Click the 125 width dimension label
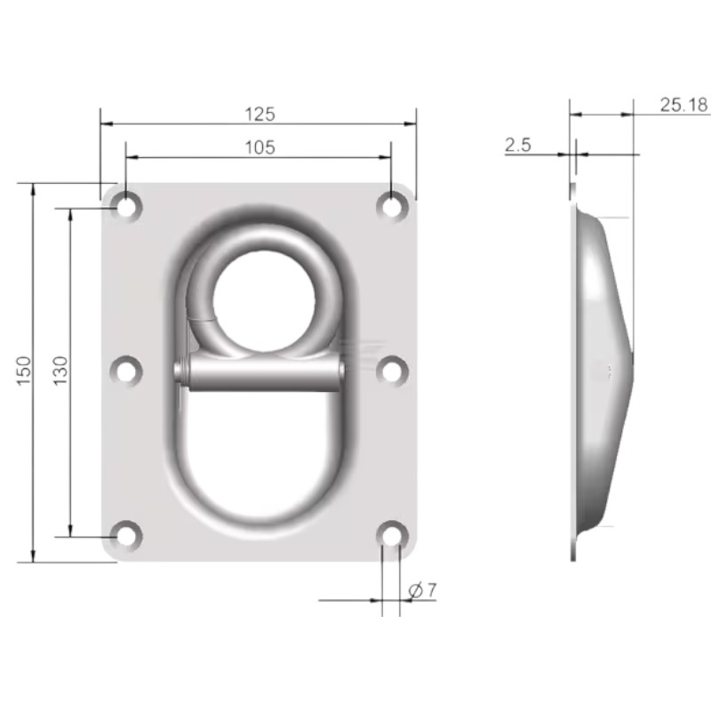point(259,114)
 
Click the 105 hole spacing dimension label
point(259,148)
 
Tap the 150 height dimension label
point(24,372)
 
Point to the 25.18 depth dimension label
point(683,105)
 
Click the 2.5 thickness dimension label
point(517,146)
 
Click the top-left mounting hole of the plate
point(127,205)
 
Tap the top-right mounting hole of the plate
point(391,205)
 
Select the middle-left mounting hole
point(127,371)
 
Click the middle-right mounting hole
point(391,371)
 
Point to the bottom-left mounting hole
point(127,535)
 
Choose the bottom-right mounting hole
point(391,535)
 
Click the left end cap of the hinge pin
point(182,372)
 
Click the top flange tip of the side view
point(573,188)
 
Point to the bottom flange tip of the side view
point(574,555)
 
